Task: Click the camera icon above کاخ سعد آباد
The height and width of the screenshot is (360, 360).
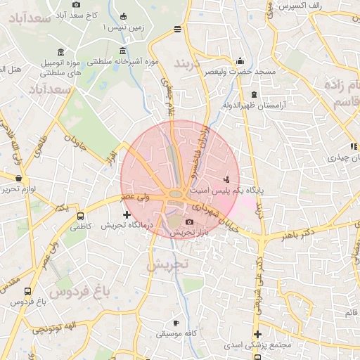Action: tap(77, 5)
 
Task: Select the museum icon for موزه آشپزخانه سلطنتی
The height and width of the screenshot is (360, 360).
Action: tap(123, 50)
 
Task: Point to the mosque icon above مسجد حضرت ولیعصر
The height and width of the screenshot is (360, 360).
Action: tap(240, 60)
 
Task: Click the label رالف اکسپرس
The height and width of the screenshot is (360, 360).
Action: tap(320, 5)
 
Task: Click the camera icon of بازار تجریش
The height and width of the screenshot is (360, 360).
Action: tap(189, 222)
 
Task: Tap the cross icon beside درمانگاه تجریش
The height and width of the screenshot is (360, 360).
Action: tap(127, 214)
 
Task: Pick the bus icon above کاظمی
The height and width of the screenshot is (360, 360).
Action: tap(79, 217)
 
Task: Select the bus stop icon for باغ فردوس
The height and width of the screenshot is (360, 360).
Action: tap(27, 291)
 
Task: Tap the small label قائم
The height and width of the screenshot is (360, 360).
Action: tap(350, 311)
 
